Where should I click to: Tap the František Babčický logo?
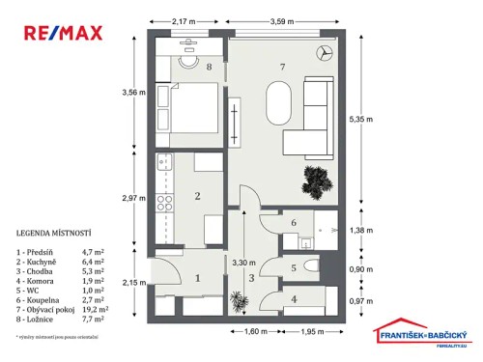click(422, 328)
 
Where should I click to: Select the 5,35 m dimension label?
click(358, 119)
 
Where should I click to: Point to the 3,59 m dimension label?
click(279, 18)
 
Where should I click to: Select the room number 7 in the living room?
click(281, 67)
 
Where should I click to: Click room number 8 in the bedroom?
click(209, 67)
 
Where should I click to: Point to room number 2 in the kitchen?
click(197, 197)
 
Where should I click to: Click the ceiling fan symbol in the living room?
click(324, 53)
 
